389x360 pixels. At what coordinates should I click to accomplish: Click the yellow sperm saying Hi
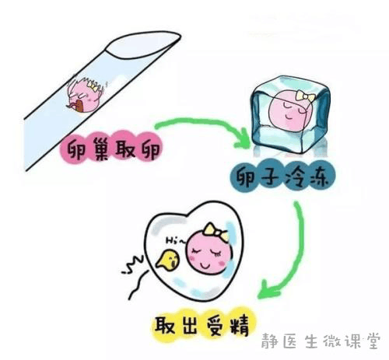point(168,260)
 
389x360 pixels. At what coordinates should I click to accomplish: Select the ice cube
point(291,114)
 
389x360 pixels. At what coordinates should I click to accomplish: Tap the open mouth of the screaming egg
point(79,106)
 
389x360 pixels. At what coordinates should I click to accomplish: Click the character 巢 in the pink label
point(98,149)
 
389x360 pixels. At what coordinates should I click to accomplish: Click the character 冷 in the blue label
point(294,177)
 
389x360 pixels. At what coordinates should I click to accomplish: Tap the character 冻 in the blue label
point(318,177)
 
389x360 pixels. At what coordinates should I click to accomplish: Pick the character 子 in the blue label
point(270,177)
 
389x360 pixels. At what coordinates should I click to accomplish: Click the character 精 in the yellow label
point(240,326)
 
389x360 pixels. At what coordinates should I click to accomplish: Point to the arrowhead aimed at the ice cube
point(243,139)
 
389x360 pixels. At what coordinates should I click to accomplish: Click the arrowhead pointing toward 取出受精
point(268,290)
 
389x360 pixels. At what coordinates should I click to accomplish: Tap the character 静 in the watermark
point(269,341)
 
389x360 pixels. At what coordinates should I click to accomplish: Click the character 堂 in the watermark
point(373,341)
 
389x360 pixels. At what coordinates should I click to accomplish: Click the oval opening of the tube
point(143,44)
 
